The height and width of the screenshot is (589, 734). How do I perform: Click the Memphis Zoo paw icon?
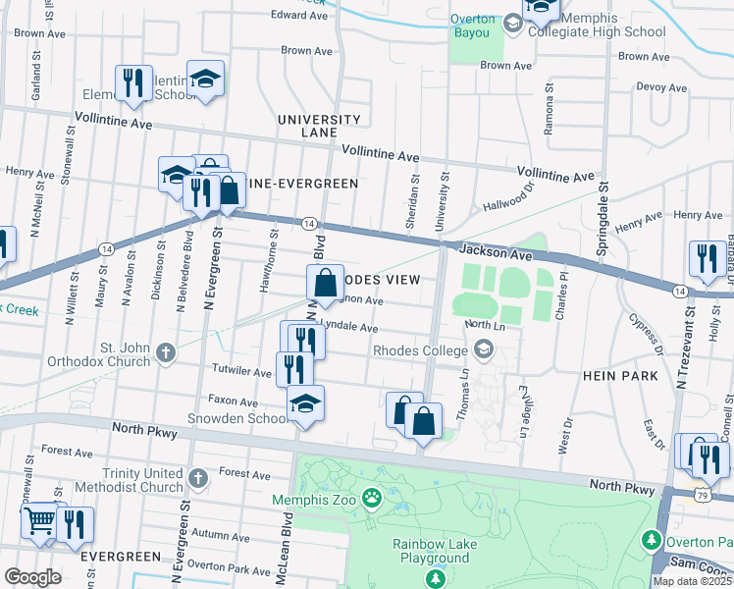pyautogui.click(x=372, y=498)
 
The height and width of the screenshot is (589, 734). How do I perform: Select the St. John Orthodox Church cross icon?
pyautogui.click(x=167, y=350)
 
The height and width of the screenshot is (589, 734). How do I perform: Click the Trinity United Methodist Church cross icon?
pyautogui.click(x=198, y=479)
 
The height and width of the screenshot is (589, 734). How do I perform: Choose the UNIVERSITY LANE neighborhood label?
pyautogui.click(x=319, y=126)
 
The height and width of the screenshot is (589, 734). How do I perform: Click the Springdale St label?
pyautogui.click(x=604, y=212)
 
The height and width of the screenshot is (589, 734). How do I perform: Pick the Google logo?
pyautogui.click(x=32, y=576)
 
